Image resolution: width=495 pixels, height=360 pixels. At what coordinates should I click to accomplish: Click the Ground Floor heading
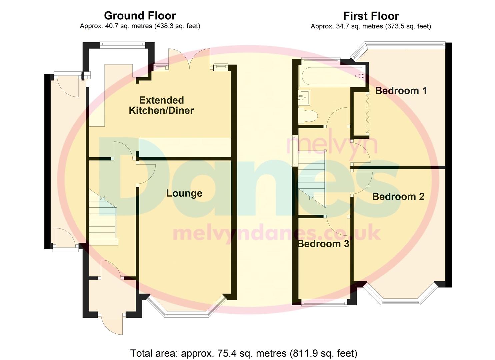140,16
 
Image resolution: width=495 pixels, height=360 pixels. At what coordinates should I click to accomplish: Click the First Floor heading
371,16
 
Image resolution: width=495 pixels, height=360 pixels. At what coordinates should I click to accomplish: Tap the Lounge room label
184,193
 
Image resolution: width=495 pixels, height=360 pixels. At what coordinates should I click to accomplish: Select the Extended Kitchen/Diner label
161,105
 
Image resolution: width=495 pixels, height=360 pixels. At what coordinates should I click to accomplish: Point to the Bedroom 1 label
401,91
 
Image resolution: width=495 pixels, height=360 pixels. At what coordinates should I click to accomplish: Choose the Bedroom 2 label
398,197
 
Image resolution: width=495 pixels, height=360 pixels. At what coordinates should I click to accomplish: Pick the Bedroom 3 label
323,244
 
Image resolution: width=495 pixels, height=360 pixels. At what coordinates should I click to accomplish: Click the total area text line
244,353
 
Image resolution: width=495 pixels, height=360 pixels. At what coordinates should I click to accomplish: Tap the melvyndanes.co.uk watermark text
276,233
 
